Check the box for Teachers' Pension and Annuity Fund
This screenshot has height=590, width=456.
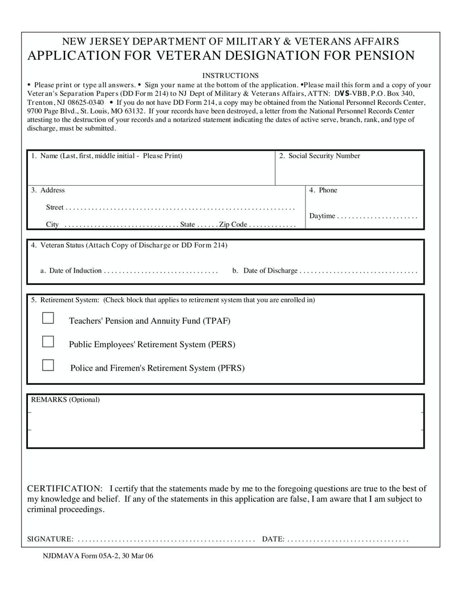(48, 318)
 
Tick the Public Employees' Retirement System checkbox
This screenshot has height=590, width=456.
(48, 342)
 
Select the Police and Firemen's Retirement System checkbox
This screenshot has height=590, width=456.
(48, 365)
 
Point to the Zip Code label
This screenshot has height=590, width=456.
(233, 225)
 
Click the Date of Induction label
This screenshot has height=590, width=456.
(75, 271)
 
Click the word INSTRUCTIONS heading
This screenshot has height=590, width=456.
(230, 75)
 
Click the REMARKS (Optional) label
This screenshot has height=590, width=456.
(65, 400)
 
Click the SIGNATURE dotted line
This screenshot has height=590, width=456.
(165, 540)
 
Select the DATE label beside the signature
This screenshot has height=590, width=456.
(273, 539)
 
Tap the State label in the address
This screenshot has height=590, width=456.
(188, 225)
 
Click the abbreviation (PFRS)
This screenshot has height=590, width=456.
(231, 368)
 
